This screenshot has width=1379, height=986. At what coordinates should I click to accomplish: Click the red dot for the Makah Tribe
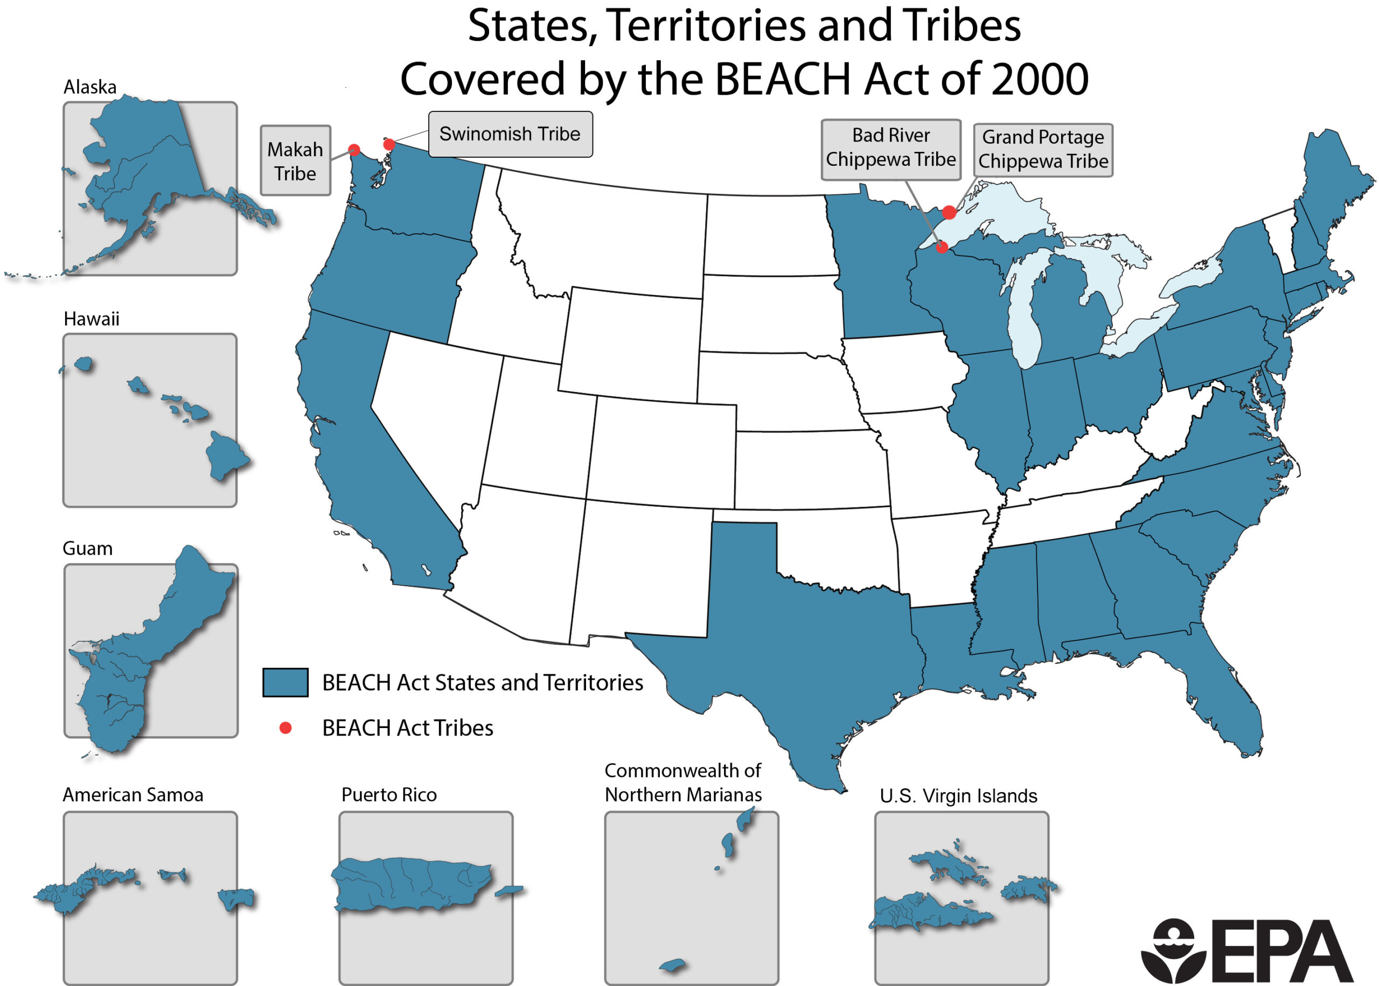click(x=354, y=149)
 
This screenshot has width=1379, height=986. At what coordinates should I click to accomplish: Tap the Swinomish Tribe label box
click(x=510, y=134)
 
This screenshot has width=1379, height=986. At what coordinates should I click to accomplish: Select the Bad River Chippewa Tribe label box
click(x=890, y=149)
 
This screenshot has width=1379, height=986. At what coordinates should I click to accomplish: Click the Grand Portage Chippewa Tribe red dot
click(x=949, y=212)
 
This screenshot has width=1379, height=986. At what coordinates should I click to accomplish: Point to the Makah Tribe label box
click(x=295, y=161)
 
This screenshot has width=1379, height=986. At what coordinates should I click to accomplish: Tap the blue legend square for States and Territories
click(x=285, y=682)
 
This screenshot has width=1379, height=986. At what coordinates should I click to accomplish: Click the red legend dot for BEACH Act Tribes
click(x=285, y=728)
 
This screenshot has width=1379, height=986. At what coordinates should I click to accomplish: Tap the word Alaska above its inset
click(x=90, y=87)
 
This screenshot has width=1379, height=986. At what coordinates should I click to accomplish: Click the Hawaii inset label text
click(x=91, y=319)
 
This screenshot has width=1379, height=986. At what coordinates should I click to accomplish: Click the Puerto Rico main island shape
click(x=413, y=883)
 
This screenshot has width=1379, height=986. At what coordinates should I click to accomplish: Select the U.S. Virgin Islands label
click(x=958, y=795)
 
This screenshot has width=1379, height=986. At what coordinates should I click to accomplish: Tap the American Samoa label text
click(x=133, y=795)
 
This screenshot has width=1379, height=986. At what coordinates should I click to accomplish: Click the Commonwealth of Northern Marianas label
click(x=682, y=782)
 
